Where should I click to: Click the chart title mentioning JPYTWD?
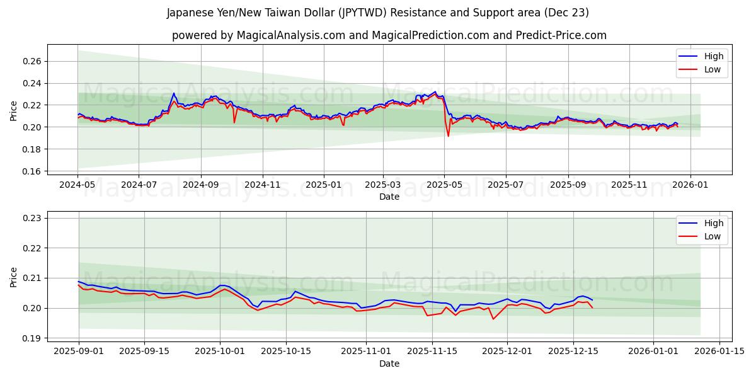[x=378, y=13]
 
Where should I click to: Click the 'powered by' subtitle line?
[x=389, y=35]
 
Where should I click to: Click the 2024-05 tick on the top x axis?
[x=78, y=185]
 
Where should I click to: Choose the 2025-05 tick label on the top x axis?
[x=444, y=185]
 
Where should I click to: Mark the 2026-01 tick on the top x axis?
[x=690, y=185]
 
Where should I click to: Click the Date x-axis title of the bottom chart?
[x=389, y=364]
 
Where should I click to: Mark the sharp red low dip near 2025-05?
[x=448, y=136]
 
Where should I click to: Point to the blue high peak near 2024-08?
[x=174, y=93]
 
